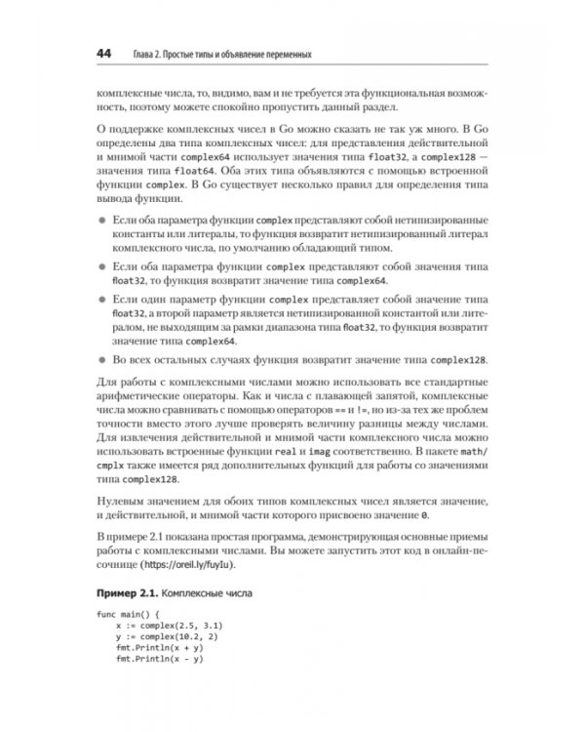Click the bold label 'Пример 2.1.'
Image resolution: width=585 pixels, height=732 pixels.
(x=125, y=592)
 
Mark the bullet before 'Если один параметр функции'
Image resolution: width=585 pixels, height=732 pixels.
(x=99, y=299)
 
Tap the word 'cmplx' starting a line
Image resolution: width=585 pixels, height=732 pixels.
(x=109, y=470)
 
